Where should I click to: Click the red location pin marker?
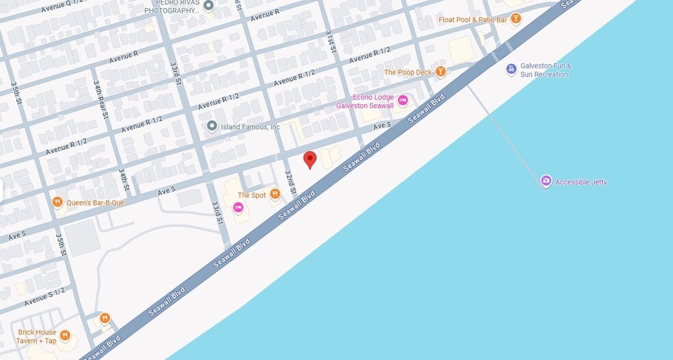coord(310,159)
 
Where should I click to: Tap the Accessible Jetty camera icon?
coord(546,181)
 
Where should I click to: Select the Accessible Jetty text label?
coord(581,182)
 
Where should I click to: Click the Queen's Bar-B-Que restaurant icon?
coord(57,202)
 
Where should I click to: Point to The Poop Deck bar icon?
coord(441,71)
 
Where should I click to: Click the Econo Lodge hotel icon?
coord(403,101)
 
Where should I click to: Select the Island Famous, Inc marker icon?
coord(212,126)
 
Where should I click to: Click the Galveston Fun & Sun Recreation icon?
coord(511,69)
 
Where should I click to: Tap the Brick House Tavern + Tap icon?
coord(65,335)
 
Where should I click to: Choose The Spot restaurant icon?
coord(275,194)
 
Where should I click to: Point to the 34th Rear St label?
coord(101,99)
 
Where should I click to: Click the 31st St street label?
coord(331,41)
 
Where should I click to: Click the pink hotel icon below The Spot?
coord(238,207)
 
